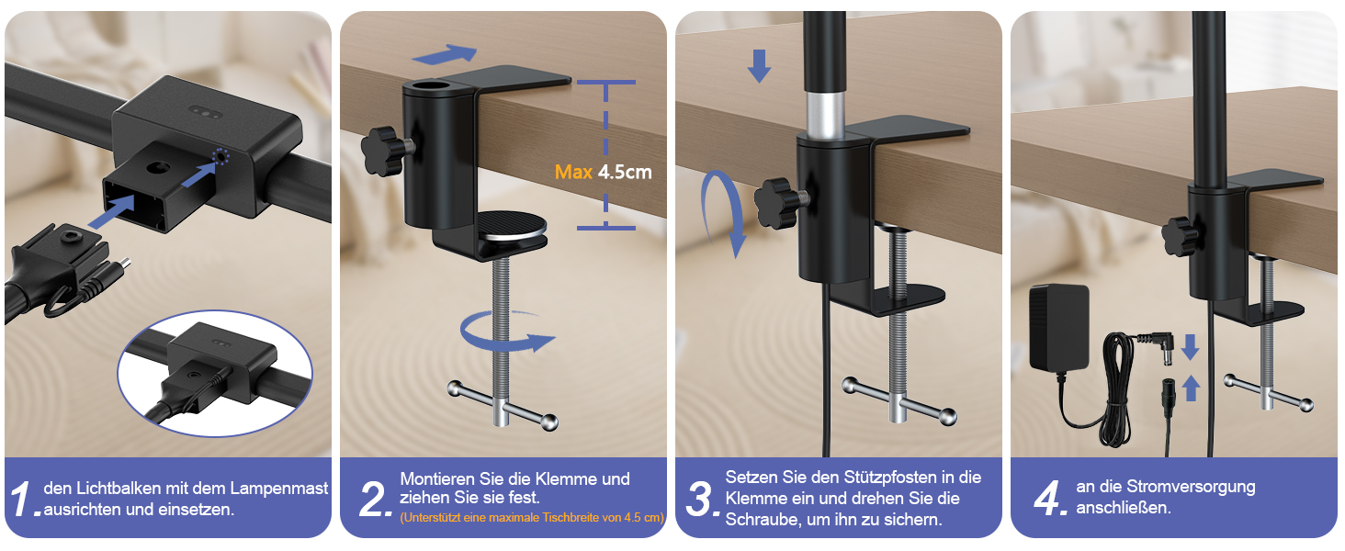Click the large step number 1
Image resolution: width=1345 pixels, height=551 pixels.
tap(22, 498)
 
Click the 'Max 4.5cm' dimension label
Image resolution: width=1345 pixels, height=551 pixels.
tap(603, 173)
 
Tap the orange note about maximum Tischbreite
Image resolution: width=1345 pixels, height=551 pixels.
tap(532, 517)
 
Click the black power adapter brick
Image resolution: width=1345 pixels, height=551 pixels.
tap(1058, 327)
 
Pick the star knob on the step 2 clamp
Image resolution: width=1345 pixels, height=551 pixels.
tap(381, 150)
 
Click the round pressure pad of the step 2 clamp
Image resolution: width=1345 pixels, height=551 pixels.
tap(512, 225)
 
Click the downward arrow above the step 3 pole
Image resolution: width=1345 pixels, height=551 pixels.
tap(759, 65)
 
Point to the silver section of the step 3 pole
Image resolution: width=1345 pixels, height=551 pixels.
tap(825, 114)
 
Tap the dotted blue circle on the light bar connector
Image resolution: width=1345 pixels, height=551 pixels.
tap(221, 157)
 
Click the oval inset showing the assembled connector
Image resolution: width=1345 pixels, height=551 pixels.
tap(215, 373)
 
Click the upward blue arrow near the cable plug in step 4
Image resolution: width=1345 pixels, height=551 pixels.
tap(1192, 388)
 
